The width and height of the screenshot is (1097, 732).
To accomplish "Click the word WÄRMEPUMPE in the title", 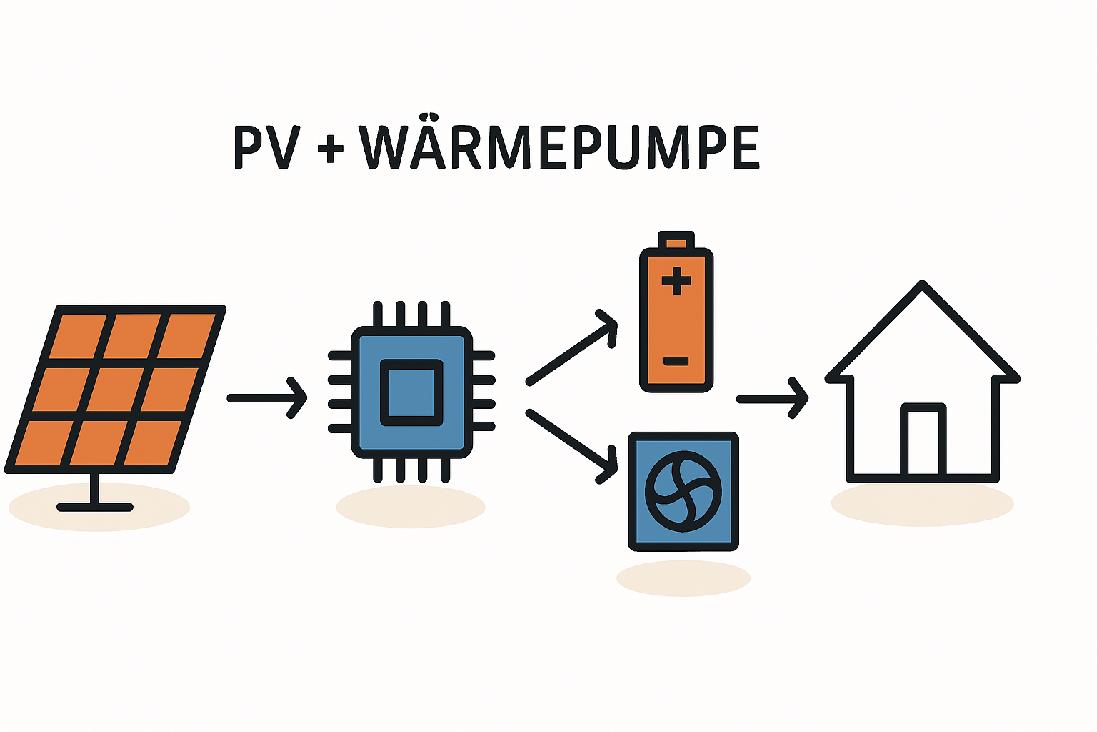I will (559, 148).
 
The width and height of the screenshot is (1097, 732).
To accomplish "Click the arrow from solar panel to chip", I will (266, 398).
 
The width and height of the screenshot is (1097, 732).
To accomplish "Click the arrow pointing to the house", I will (772, 398).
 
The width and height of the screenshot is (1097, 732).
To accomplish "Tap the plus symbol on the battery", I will (676, 281).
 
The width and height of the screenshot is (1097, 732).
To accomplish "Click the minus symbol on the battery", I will (676, 361).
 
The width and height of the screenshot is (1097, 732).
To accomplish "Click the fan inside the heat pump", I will (683, 491).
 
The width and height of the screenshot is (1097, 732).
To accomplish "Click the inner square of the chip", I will (411, 392).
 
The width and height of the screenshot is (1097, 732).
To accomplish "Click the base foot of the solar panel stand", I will (95, 507).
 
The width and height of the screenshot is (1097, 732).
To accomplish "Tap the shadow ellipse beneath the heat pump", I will (683, 579).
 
